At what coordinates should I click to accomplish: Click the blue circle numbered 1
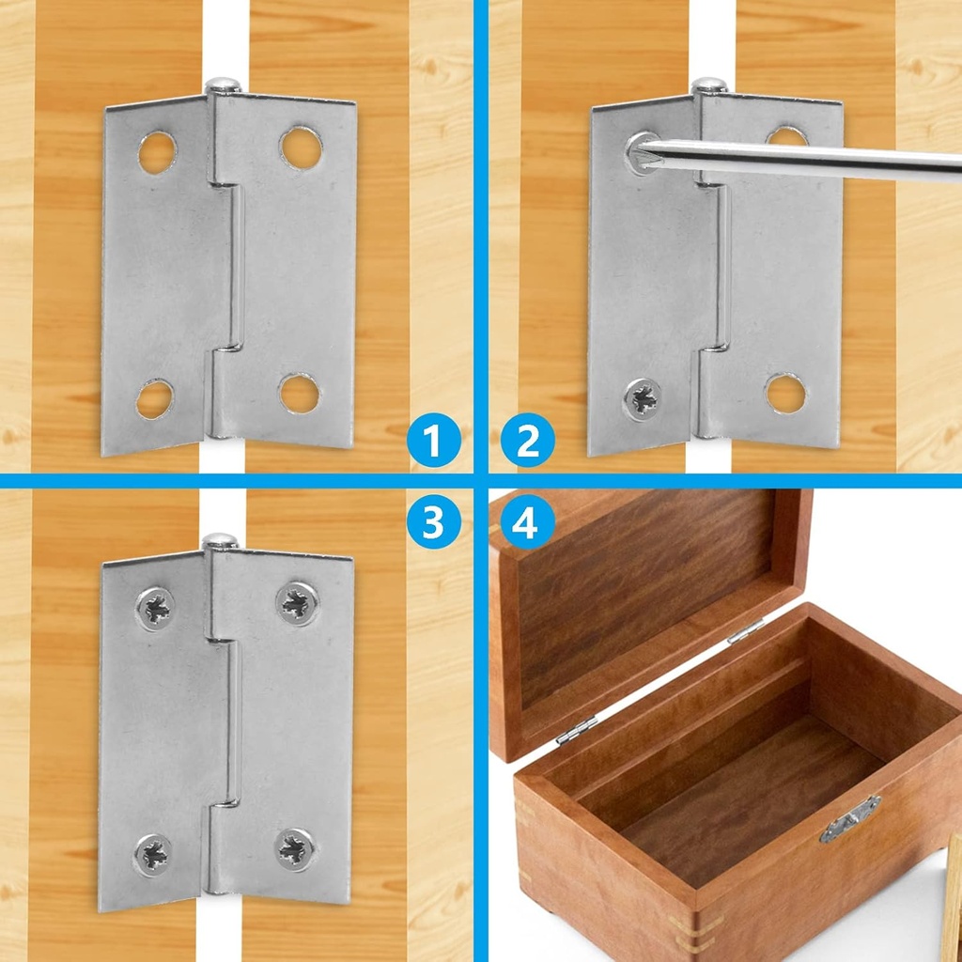(434, 442)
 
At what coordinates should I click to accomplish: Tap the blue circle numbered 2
(528, 442)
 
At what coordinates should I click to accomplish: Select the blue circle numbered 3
(434, 523)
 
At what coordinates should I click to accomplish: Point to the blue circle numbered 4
(528, 523)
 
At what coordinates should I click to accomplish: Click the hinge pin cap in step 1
(222, 85)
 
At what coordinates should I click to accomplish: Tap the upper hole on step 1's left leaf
(157, 152)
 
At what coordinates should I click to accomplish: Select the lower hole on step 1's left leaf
(154, 399)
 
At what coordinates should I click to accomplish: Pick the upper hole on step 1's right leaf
(300, 147)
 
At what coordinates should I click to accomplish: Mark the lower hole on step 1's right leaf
(300, 394)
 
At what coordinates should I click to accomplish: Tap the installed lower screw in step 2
(643, 399)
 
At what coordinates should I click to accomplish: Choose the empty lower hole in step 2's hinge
(784, 393)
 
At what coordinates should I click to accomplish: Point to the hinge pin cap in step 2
(709, 85)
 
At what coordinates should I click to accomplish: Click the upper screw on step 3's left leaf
(155, 609)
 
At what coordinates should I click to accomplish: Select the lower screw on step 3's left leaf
(152, 855)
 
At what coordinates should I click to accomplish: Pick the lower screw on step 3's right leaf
(295, 848)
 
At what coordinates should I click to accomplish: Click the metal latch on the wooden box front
(849, 818)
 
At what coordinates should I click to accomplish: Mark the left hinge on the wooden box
(576, 730)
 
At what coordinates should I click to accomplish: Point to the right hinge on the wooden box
(745, 630)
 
